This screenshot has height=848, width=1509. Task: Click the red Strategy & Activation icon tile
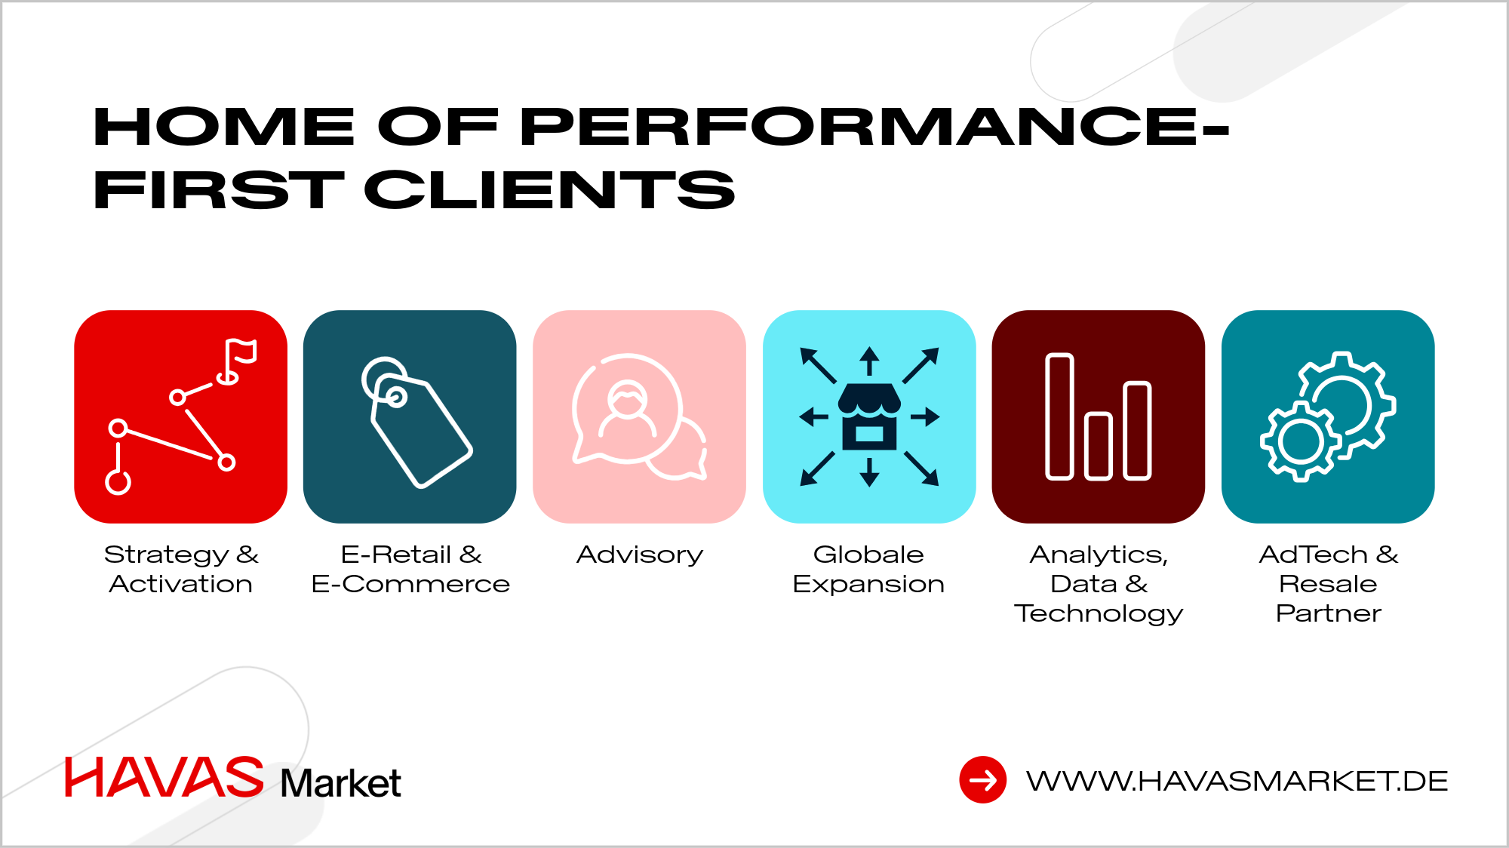(x=180, y=416)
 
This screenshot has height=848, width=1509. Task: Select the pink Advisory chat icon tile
(x=639, y=416)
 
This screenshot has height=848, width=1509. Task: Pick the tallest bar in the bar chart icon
(x=1059, y=416)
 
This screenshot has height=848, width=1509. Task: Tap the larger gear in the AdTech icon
(x=1347, y=400)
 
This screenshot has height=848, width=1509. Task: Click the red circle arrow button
(x=982, y=780)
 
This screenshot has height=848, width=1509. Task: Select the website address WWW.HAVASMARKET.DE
(x=1237, y=781)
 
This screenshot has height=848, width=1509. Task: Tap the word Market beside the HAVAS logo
(x=340, y=783)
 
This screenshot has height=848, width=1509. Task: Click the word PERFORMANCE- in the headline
(x=875, y=126)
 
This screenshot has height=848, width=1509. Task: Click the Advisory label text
(x=639, y=555)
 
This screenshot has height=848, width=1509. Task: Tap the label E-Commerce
(x=410, y=584)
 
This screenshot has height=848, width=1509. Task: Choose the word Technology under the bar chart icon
(x=1098, y=613)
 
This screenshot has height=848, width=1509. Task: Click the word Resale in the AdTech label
(x=1328, y=584)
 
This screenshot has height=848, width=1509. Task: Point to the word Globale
(x=868, y=555)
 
